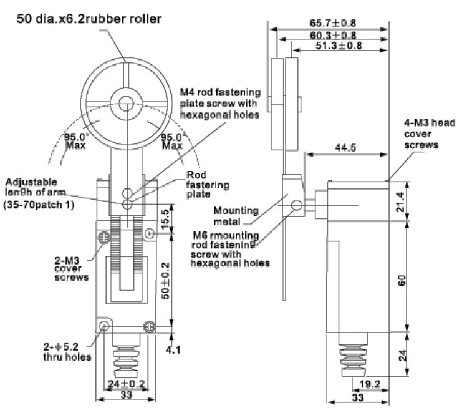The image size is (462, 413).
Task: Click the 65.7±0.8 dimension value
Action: coord(333,23)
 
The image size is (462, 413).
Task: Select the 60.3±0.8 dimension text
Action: coord(333,36)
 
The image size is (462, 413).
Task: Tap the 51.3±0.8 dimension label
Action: coord(339,46)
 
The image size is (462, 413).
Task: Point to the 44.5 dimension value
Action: coord(345,147)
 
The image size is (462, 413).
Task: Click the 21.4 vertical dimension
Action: coord(401,202)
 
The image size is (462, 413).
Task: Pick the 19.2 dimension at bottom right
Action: coord(370,384)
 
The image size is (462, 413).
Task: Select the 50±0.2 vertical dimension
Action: coord(165,281)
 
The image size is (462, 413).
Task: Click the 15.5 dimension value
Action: coord(165,219)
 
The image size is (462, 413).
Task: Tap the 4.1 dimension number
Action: coord(173,350)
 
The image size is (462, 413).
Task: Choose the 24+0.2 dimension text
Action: coord(126,384)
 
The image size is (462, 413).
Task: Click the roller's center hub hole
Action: coord(127,104)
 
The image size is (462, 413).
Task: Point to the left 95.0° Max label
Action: coord(75,141)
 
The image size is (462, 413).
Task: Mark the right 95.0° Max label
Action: coord(173,141)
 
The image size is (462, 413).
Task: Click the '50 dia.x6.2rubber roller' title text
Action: coord(89,19)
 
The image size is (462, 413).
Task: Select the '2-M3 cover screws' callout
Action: coord(72,269)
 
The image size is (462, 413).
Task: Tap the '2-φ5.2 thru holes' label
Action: coord(67,352)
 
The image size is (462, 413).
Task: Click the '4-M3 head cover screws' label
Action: coord(430,134)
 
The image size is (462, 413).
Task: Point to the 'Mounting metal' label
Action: coord(236,216)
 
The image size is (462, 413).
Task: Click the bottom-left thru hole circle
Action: coord(104,326)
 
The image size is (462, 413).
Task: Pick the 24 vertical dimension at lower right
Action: coord(402,355)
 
